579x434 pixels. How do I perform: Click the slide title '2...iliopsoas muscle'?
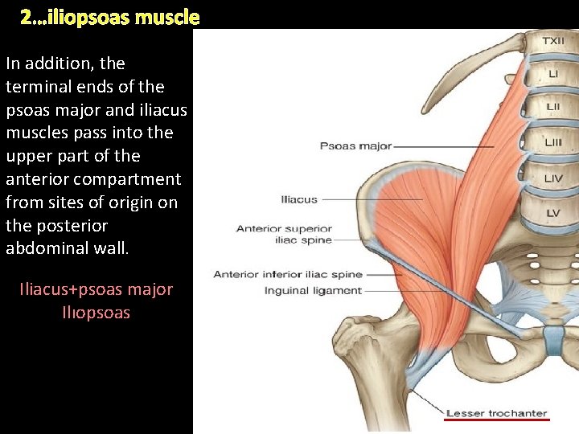coord(109,16)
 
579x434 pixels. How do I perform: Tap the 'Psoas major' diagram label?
coord(355,146)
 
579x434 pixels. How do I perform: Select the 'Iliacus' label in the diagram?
coord(299,199)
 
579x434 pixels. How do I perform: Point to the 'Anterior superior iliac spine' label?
coord(284,234)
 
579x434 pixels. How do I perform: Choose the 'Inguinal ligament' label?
coord(313,290)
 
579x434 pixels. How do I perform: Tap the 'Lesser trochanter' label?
coord(496,413)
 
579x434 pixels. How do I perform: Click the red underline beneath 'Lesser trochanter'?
coord(496,420)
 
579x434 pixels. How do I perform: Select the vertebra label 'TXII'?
coord(553,41)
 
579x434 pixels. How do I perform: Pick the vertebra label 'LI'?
coord(553,74)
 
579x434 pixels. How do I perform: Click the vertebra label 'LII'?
coord(553,107)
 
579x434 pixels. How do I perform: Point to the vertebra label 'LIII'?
coord(553,142)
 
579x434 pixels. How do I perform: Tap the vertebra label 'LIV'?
coord(553,178)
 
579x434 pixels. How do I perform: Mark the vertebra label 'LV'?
coord(553,213)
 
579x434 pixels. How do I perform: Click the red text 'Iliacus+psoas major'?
coord(96,289)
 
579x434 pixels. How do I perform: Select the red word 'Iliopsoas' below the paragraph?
coord(96,313)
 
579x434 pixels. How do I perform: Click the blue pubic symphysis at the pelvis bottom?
coord(553,343)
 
